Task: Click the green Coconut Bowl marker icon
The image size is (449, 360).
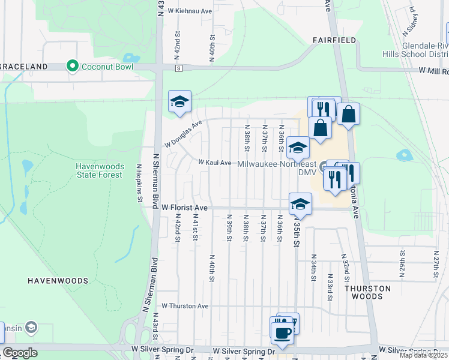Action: tap(73, 66)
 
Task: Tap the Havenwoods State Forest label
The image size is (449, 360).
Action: tap(99, 170)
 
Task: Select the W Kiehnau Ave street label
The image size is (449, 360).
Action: tap(190, 11)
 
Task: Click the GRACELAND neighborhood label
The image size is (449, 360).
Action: tap(23, 66)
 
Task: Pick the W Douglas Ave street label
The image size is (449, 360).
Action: tap(184, 134)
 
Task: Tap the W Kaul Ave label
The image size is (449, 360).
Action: tap(215, 163)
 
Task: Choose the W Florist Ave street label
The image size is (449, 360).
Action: tap(185, 208)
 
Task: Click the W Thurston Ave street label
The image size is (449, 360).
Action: tap(185, 306)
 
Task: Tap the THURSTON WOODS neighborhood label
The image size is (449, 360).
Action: tap(367, 292)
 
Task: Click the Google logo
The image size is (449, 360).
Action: tap(20, 353)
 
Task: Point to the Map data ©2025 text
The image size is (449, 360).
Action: tap(423, 355)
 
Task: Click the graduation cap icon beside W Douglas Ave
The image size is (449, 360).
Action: tap(179, 102)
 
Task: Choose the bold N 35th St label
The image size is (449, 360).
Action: tap(295, 235)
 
